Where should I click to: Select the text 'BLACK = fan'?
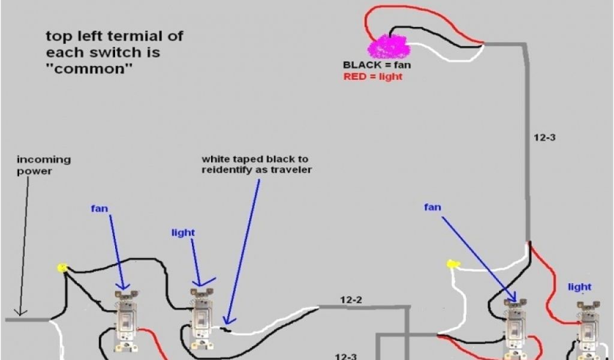pos(377,65)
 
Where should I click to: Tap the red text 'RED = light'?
pos(373,77)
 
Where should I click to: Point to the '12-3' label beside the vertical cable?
pos(544,137)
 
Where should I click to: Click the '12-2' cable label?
pos(352,299)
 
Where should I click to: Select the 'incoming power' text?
pos(43,165)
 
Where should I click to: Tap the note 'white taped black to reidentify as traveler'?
pos(257,164)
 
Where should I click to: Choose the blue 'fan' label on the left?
pos(100,209)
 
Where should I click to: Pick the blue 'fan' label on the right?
pos(432,207)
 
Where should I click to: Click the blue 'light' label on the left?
pos(183,232)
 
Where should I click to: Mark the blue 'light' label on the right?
pos(579,287)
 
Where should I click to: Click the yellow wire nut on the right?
pos(452,264)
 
